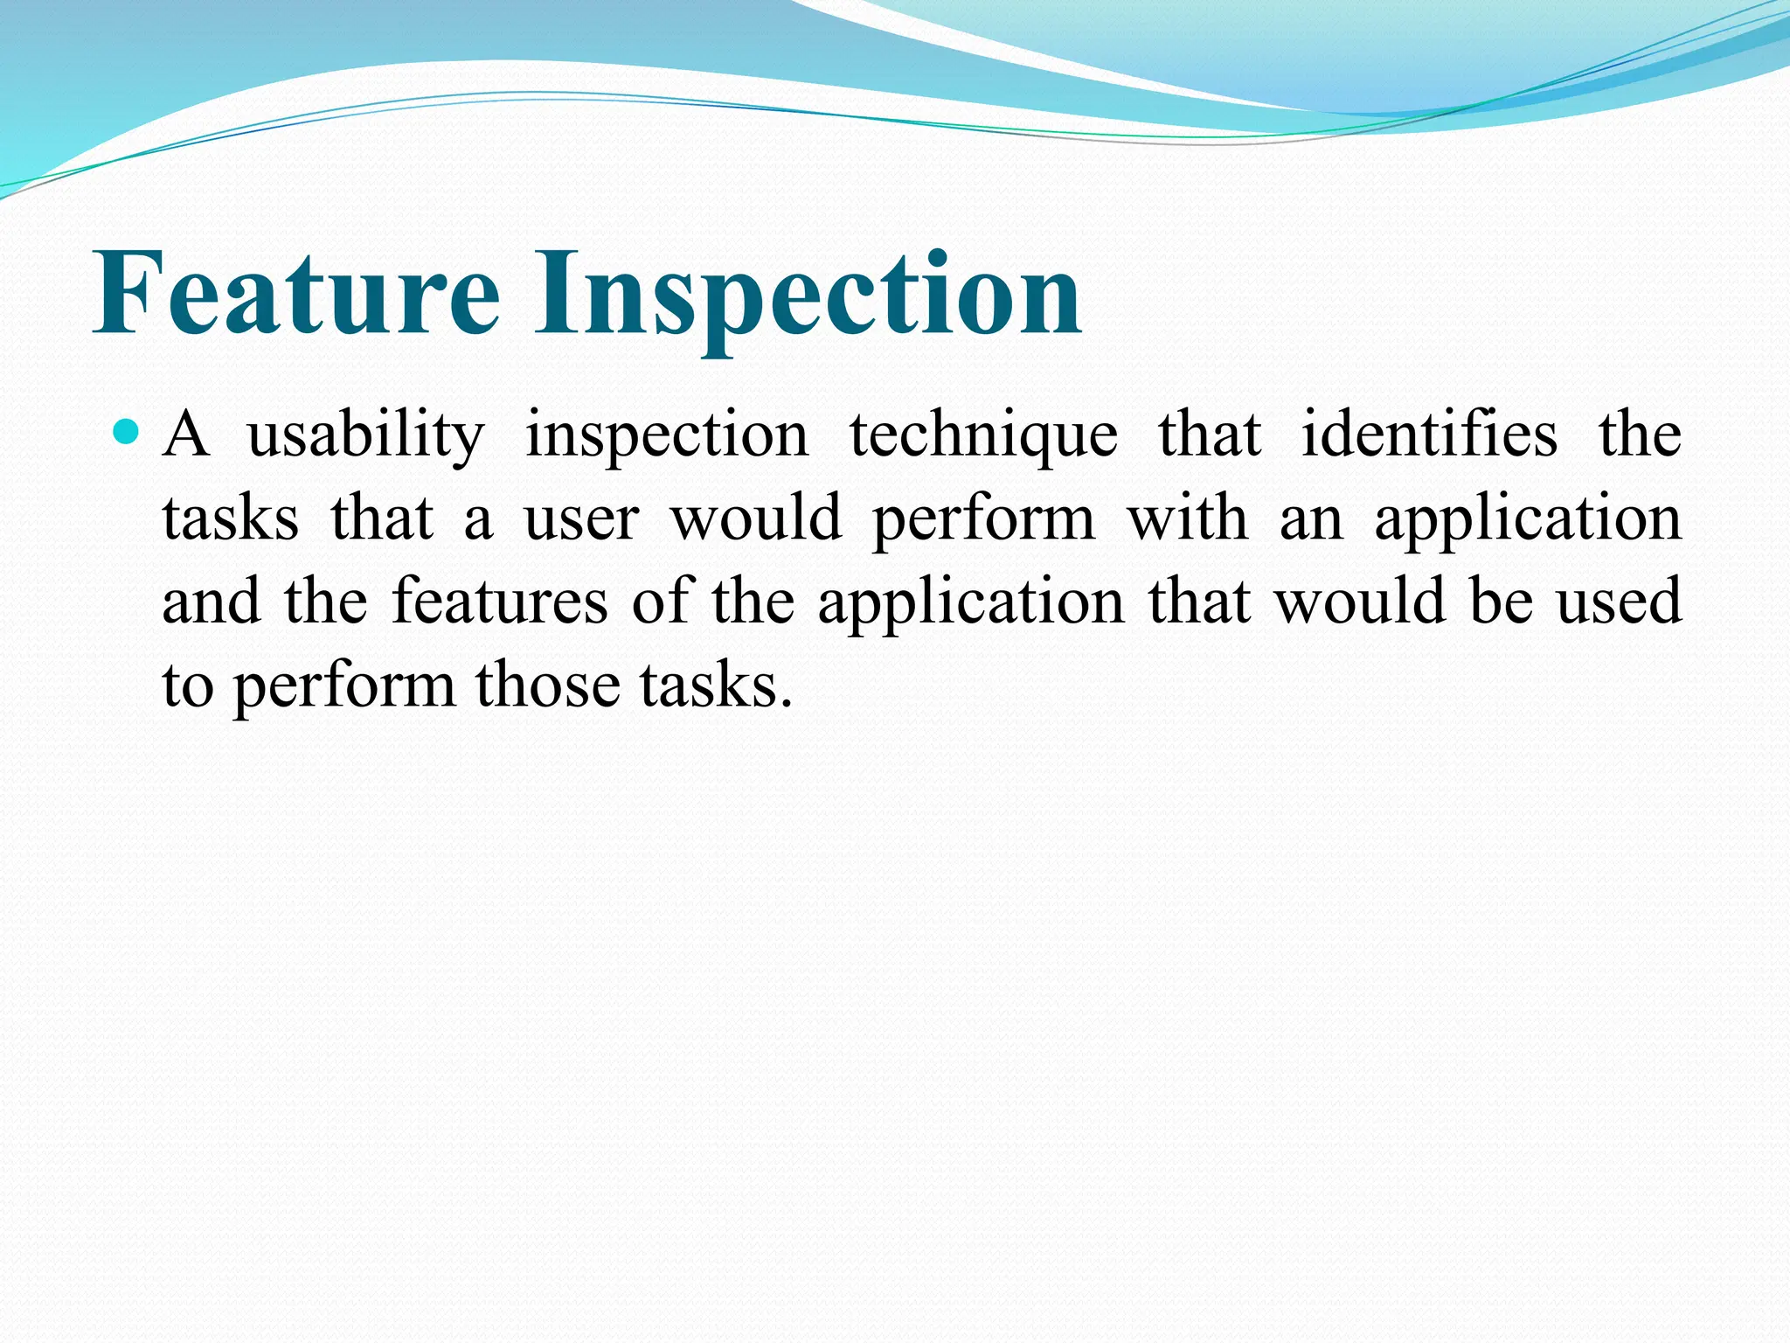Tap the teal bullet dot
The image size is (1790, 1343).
127,432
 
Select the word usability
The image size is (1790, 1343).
365,435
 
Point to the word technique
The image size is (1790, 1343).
983,435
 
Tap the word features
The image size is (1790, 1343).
499,602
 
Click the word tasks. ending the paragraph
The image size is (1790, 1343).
716,685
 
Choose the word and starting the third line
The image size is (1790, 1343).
212,602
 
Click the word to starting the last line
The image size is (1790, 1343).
188,686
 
